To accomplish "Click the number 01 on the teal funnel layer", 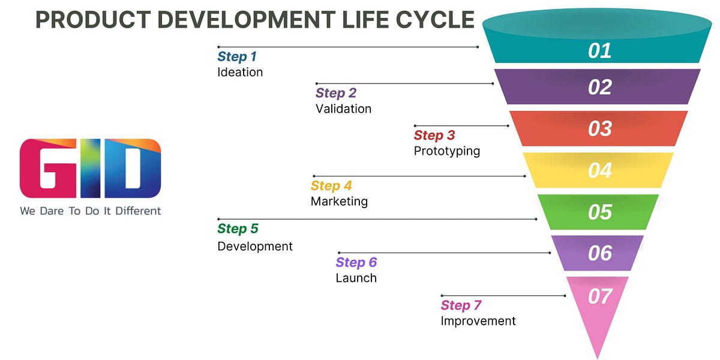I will tap(599, 51).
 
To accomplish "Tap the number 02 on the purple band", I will tap(599, 88).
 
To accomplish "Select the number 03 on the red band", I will tap(599, 129).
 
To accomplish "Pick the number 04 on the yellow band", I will tap(599, 171).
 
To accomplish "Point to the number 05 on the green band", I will tap(599, 212).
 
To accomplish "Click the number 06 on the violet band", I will tap(599, 254).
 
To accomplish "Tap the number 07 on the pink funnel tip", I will tap(599, 296).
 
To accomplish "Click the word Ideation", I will tap(240, 73).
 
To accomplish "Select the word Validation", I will tap(343, 109).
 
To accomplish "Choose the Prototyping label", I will tap(446, 151).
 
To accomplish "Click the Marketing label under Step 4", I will tap(339, 202).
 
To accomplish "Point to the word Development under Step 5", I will tap(255, 247).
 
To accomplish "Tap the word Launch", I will tap(356, 278).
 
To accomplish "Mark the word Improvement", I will tap(478, 321).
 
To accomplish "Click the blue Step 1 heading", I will tap(236, 57).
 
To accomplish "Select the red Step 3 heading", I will tap(434, 136).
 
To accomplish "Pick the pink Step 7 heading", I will tap(461, 306).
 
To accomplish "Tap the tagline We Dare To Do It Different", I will tap(91, 211).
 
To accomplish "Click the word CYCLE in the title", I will tap(435, 20).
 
